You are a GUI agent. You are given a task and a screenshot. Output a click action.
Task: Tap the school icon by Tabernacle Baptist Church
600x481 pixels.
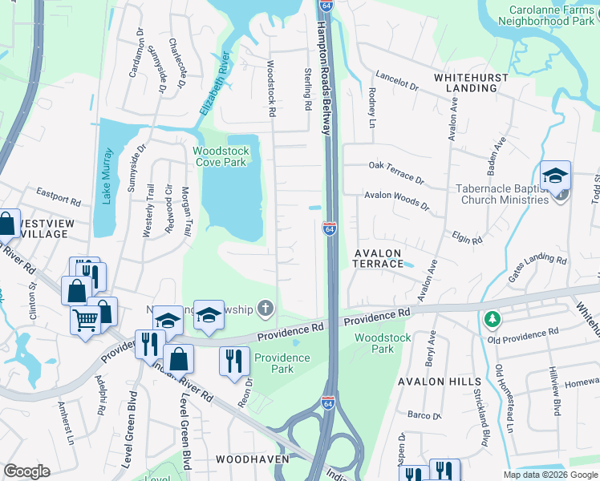click(554, 177)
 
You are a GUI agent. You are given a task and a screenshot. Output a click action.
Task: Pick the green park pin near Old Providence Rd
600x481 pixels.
click(492, 319)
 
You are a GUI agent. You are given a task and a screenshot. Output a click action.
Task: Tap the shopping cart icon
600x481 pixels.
click(86, 321)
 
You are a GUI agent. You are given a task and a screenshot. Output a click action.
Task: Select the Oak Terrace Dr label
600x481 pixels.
click(395, 171)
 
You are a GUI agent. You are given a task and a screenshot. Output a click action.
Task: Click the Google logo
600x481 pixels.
click(26, 471)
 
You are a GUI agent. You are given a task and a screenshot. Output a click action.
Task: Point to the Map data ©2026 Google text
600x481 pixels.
click(549, 475)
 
